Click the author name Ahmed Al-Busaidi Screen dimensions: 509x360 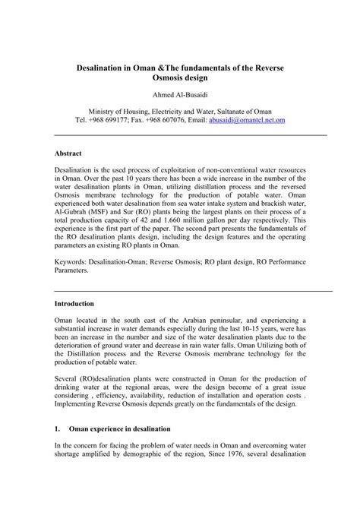click(x=179, y=94)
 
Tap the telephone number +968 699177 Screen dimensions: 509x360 click(x=107, y=120)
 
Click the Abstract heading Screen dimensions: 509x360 click(x=68, y=153)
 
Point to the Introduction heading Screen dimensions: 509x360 click(x=74, y=303)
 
